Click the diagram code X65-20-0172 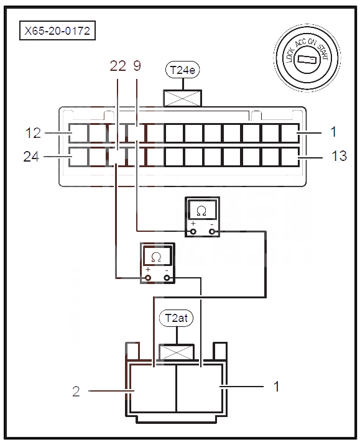pyautogui.click(x=57, y=30)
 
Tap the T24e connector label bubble pyautogui.click(x=183, y=70)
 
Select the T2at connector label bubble pyautogui.click(x=176, y=318)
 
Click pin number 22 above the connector pyautogui.click(x=118, y=66)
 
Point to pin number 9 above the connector pyautogui.click(x=137, y=66)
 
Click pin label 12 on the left pyautogui.click(x=33, y=133)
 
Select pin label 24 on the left pyautogui.click(x=31, y=157)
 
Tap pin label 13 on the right pyautogui.click(x=339, y=156)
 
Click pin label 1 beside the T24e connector pyautogui.click(x=334, y=132)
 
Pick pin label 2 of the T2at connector pyautogui.click(x=76, y=392)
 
